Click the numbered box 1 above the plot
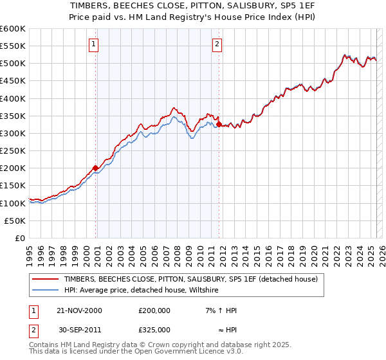pyautogui.click(x=94, y=44)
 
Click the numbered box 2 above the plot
pyautogui.click(x=217, y=44)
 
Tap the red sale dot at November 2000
pyautogui.click(x=96, y=168)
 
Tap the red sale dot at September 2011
pyautogui.click(x=219, y=125)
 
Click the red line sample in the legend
pyautogui.click(x=45, y=280)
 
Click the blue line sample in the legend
pyautogui.click(x=45, y=291)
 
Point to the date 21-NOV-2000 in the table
pyautogui.click(x=80, y=310)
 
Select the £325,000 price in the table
pyautogui.click(x=154, y=330)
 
